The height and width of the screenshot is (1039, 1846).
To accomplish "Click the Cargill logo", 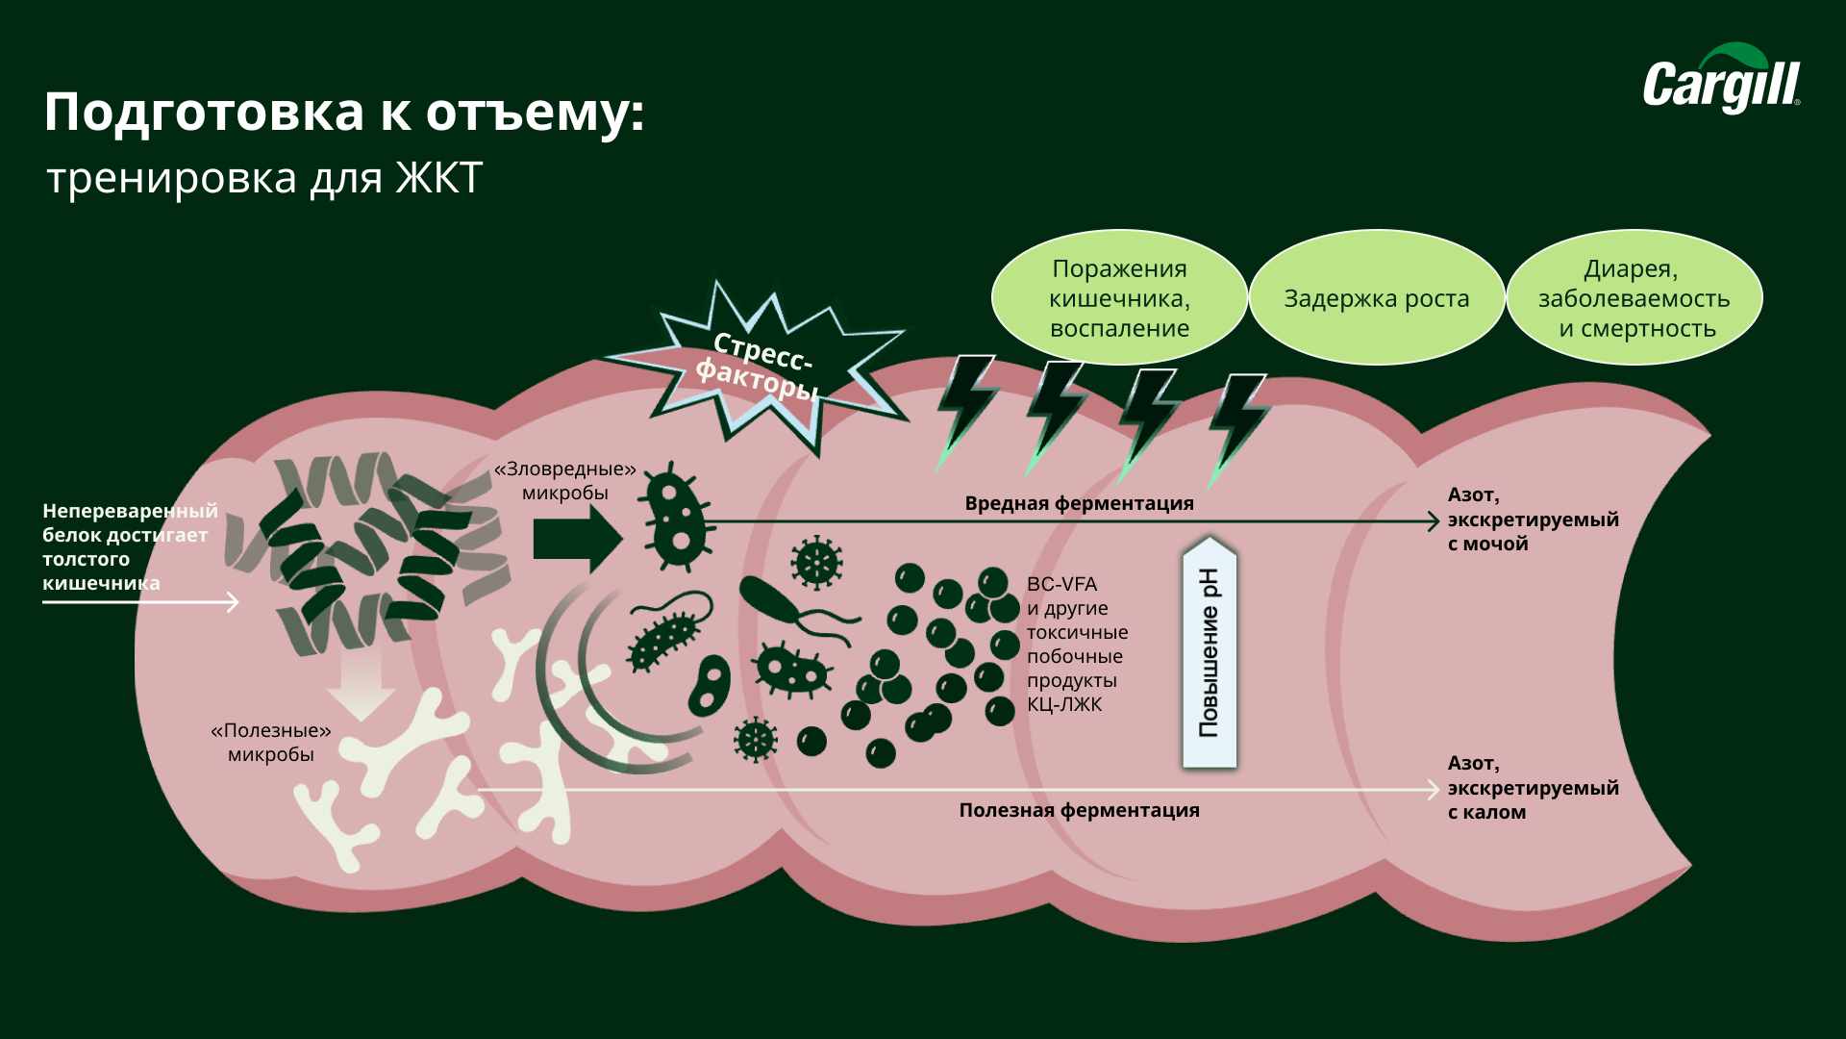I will [x=1721, y=81].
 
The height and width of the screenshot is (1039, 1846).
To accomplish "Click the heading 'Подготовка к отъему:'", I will [x=344, y=113].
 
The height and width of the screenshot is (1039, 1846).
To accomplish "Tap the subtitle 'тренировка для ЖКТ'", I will [x=264, y=179].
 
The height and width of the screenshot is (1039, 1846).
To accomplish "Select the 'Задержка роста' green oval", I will [x=1376, y=298].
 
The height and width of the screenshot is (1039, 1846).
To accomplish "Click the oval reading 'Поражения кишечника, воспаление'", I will [x=1119, y=298].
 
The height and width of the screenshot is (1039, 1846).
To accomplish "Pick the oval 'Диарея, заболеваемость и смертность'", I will [x=1634, y=298].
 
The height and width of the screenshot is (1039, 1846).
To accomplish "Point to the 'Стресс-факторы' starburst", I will [x=760, y=366].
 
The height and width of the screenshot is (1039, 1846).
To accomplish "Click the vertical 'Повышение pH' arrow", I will [x=1209, y=654].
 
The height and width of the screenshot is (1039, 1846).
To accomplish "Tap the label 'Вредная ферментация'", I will [x=1079, y=503].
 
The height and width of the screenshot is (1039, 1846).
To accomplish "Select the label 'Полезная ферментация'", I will [x=1079, y=810].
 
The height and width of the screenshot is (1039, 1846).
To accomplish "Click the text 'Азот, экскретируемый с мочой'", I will [x=1533, y=519].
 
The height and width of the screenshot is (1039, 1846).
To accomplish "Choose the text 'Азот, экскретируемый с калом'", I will [x=1533, y=788].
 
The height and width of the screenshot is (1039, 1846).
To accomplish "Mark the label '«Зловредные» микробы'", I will [x=565, y=480].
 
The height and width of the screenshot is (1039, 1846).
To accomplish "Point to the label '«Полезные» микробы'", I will [x=271, y=742].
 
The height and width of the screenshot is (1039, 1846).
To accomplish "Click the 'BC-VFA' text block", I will [x=1077, y=644].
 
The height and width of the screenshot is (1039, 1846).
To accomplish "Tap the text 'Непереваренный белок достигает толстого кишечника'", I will [x=129, y=546].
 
